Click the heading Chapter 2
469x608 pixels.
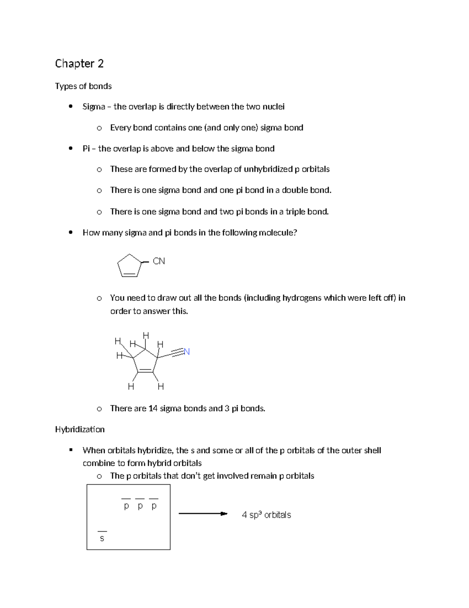79,63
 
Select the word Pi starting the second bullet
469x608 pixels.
86,148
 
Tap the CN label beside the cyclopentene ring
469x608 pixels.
159,261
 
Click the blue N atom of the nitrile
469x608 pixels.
187,352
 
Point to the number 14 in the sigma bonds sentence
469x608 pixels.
153,408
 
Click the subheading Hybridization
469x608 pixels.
80,429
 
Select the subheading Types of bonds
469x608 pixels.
83,86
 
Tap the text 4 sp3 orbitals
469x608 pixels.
266,515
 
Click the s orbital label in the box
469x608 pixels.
102,538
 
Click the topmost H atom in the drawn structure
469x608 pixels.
146,336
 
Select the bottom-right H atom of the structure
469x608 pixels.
161,387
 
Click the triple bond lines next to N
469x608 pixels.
177,353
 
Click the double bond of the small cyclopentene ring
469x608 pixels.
129,275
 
